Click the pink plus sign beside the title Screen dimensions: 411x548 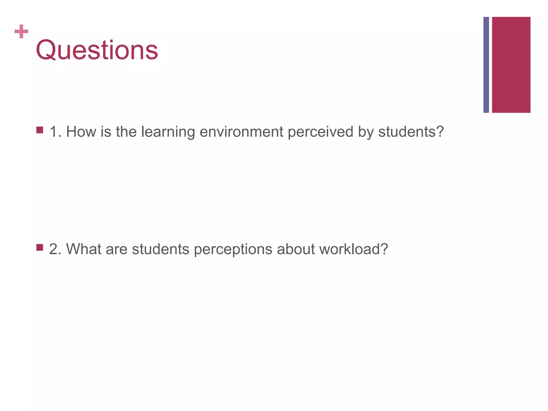point(21,32)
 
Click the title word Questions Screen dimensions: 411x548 point(97,50)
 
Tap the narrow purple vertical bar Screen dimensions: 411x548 point(486,65)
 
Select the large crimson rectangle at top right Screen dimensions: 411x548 point(511,65)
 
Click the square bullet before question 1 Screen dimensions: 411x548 point(40,130)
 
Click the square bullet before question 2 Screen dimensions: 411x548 point(40,247)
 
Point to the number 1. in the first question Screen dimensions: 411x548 point(55,132)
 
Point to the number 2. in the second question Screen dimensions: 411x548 point(55,249)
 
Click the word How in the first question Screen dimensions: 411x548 point(81,132)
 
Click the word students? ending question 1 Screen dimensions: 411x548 point(411,132)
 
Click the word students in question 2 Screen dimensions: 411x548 point(161,249)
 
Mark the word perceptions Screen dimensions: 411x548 point(233,249)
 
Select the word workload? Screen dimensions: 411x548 point(353,249)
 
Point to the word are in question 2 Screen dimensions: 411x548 point(116,249)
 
